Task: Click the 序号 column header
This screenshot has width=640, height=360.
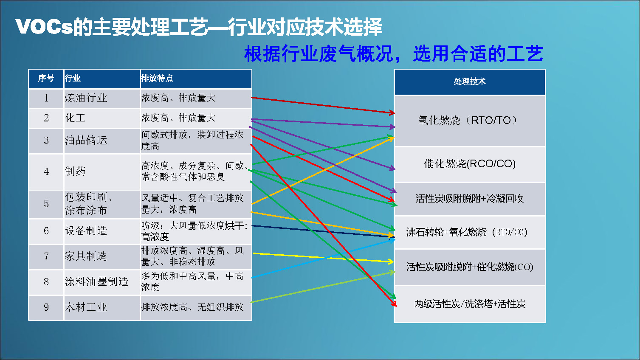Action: (46, 79)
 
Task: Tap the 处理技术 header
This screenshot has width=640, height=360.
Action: (470, 82)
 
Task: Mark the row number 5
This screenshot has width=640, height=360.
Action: (46, 204)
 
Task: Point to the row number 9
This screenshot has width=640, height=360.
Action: (46, 307)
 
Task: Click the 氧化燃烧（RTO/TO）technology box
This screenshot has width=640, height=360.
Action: (470, 121)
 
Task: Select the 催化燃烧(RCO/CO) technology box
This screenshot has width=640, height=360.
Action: (470, 164)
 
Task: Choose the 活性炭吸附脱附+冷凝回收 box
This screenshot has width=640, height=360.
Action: (470, 199)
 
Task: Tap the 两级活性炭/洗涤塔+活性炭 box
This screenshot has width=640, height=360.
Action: (470, 304)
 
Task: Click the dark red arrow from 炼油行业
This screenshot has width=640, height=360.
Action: (323, 105)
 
